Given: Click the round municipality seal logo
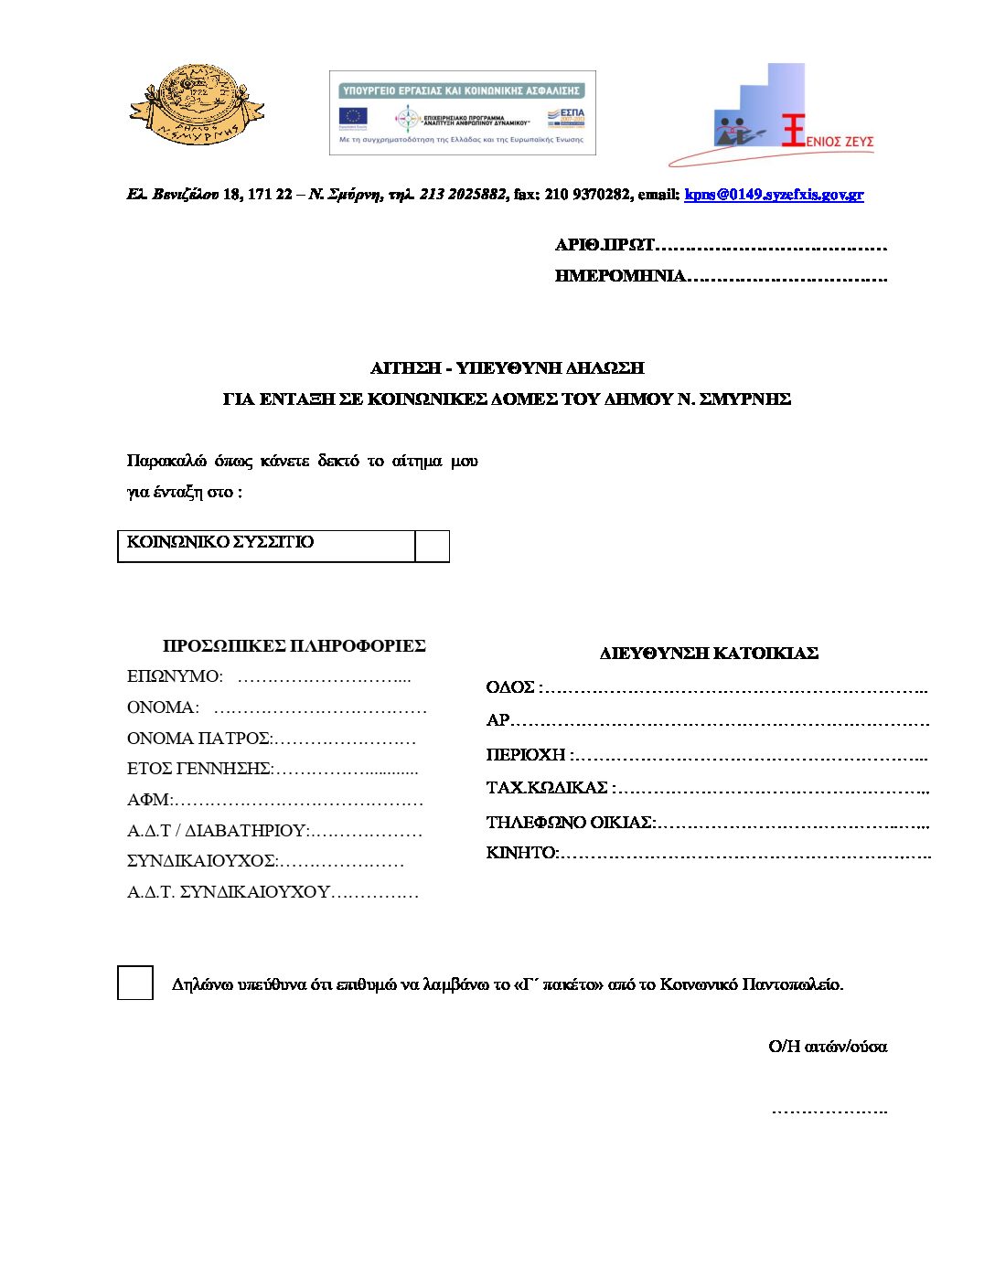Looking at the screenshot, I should [x=197, y=105].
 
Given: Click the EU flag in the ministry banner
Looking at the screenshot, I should [x=353, y=116].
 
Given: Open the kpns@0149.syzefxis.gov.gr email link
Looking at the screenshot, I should [x=774, y=195].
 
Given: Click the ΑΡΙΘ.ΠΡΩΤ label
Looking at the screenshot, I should [x=604, y=245].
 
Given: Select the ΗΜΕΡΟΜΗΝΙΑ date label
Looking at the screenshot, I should [x=620, y=276].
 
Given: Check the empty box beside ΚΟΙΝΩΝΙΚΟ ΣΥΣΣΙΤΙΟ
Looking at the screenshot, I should [x=432, y=546].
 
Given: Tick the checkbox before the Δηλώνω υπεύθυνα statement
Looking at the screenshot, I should [x=135, y=983].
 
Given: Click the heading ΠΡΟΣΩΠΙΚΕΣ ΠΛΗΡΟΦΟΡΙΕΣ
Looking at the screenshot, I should [x=294, y=646].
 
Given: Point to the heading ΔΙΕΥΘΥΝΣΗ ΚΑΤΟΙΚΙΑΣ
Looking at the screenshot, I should [x=709, y=654].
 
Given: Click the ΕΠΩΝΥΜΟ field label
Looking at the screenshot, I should [x=174, y=677].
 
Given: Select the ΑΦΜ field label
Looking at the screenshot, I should [x=148, y=801].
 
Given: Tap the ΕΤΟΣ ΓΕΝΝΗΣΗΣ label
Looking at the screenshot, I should [x=198, y=770].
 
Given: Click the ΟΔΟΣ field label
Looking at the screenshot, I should [x=511, y=687].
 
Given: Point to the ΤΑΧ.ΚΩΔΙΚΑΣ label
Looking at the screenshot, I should [x=547, y=788].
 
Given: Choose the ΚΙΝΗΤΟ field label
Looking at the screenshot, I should [x=520, y=853].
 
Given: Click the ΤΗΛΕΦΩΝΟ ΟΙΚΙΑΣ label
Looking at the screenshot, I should [x=570, y=823].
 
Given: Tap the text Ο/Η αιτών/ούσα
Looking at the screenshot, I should [x=828, y=1047].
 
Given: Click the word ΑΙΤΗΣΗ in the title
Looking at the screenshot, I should [x=405, y=368].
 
